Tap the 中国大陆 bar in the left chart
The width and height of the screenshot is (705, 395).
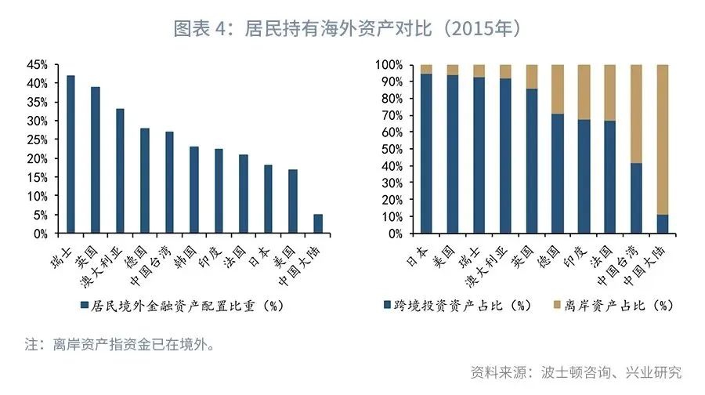(317, 224)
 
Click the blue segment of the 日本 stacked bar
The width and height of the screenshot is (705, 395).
(426, 154)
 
